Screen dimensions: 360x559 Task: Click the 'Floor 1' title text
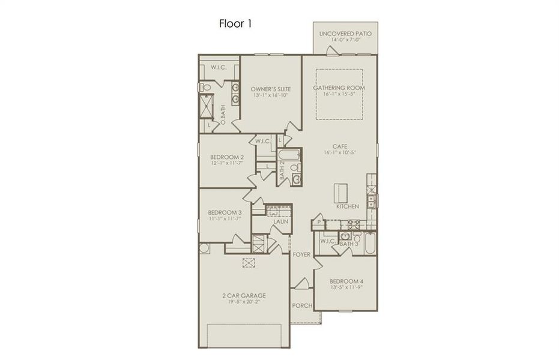point(234,25)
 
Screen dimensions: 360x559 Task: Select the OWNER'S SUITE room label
point(270,89)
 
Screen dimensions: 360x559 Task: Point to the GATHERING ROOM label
point(339,88)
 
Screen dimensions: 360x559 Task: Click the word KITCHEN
point(347,206)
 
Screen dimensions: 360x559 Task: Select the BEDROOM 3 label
point(225,212)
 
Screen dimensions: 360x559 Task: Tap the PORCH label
point(301,305)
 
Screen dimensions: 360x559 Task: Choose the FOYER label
point(301,254)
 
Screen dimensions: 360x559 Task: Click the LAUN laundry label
point(280,221)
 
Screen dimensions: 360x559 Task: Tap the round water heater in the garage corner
point(204,248)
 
